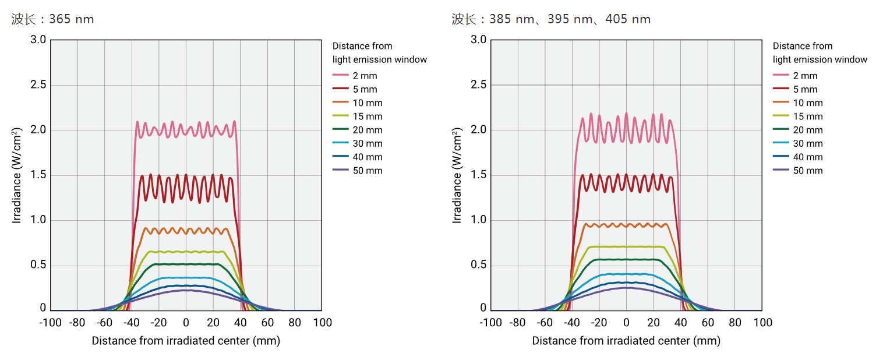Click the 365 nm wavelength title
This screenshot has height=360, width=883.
pos(53,19)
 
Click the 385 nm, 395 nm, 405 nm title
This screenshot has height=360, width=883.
pos(551,19)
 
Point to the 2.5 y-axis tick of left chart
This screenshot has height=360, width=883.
pos(38,85)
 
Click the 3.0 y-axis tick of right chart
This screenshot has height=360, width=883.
pos(478,40)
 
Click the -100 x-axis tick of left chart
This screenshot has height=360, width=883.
pos(50,323)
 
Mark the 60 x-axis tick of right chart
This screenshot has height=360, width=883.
pos(708,323)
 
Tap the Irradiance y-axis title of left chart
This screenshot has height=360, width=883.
pos(18,177)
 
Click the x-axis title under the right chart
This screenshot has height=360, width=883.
pos(626,341)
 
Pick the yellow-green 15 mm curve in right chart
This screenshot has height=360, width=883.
pos(626,246)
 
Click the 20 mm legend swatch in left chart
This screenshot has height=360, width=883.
pos(340,130)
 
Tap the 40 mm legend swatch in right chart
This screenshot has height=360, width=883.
pos(780,157)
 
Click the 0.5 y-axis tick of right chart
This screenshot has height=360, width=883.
pos(478,266)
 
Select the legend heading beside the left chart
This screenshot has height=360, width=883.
pos(379,52)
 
